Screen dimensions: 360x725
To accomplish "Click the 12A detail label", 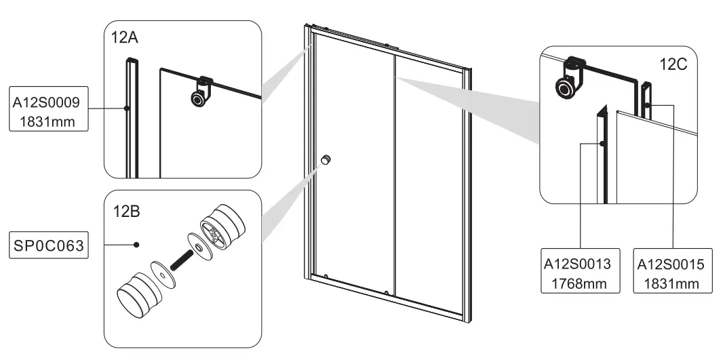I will (x=124, y=38).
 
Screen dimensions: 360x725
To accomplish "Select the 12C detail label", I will (x=673, y=65).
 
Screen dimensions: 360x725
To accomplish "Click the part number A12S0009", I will (x=47, y=103).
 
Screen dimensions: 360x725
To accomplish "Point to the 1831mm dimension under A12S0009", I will (x=47, y=122).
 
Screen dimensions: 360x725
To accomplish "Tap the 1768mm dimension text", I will (x=581, y=283).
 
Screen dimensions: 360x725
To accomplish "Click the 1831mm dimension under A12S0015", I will (x=673, y=283).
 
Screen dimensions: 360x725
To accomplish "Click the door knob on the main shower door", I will (x=326, y=160).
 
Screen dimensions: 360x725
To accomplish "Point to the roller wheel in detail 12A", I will (x=198, y=100).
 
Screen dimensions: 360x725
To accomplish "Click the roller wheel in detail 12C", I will (x=563, y=87).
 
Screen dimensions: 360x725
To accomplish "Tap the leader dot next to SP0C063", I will (x=136, y=244).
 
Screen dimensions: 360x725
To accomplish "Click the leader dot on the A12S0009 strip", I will (x=126, y=108).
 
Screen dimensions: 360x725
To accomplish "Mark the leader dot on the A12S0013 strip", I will (x=602, y=144).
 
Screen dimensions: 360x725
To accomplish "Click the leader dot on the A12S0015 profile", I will (x=647, y=106).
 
